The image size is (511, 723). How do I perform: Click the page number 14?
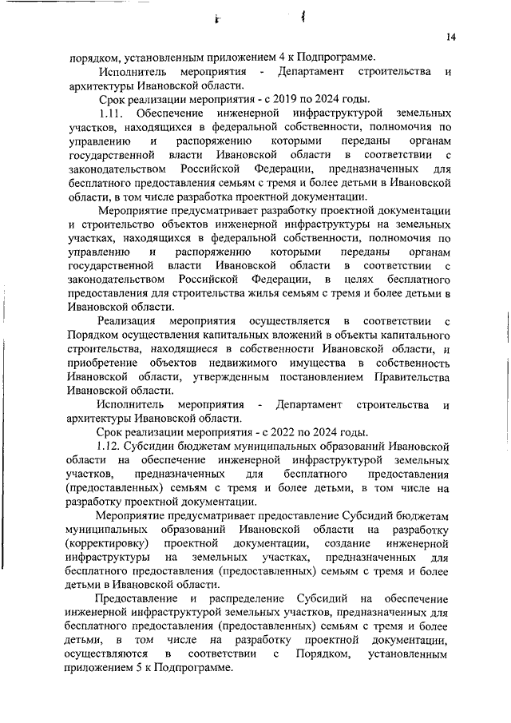tap(451, 38)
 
